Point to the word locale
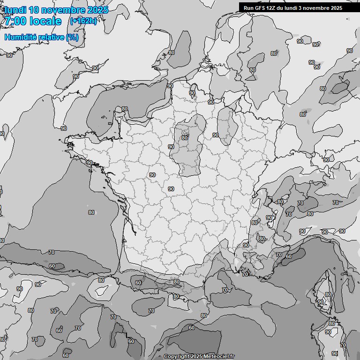pos(45,21)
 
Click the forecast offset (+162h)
pos(83,21)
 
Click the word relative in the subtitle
pos(52,37)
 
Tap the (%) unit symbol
pos(73,37)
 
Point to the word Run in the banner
pos(248,8)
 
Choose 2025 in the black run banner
pos(333,8)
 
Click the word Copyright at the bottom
pos(177,356)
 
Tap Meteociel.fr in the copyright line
pos(219,356)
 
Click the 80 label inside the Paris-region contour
pos(185,138)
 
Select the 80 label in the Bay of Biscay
pos(91,212)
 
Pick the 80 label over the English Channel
pos(125,109)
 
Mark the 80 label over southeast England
pos(171,53)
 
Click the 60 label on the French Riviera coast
pos(288,256)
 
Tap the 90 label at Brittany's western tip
pos(89,163)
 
